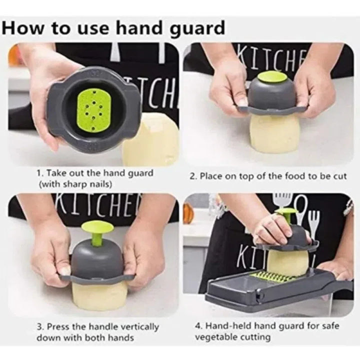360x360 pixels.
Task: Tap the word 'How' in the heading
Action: (x=23, y=27)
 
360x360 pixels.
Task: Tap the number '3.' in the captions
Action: (x=40, y=326)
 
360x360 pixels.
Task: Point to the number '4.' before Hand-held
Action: (x=198, y=326)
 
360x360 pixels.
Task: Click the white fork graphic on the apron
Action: (x=314, y=222)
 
